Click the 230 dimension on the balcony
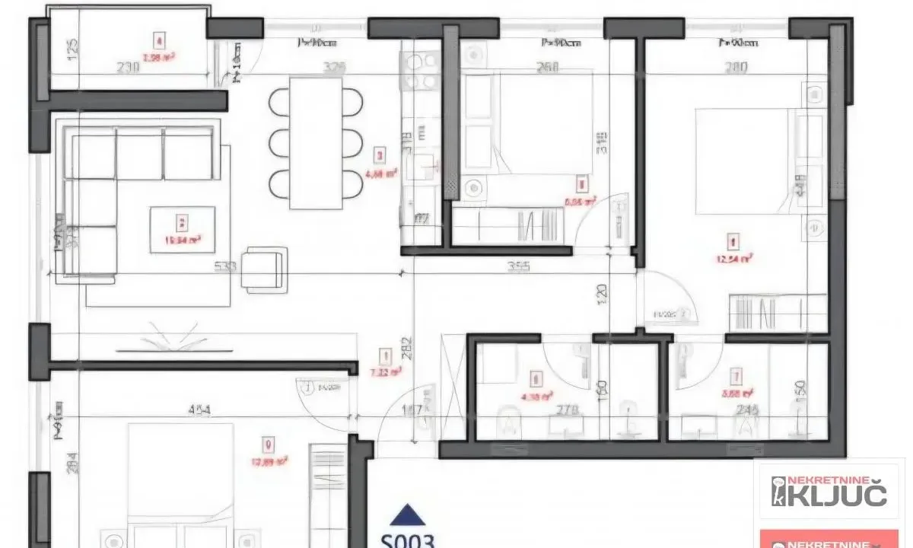(129, 67)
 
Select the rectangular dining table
(316, 142)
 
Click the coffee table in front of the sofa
(182, 228)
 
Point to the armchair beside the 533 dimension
(262, 269)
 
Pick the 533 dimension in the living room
(226, 267)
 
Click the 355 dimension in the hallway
(517, 267)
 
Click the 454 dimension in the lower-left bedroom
(200, 410)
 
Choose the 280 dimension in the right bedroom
(736, 67)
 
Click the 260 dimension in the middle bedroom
(548, 67)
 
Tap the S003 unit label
(407, 540)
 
